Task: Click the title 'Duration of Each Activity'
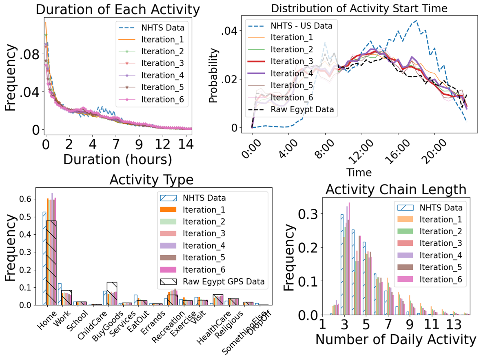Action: click(x=118, y=9)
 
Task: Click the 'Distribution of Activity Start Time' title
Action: click(x=359, y=8)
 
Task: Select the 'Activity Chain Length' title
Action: click(x=396, y=189)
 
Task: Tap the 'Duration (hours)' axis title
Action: click(x=118, y=158)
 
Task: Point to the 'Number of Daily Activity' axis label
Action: click(x=396, y=340)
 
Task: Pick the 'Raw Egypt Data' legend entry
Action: click(x=301, y=109)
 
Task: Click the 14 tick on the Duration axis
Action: click(x=186, y=144)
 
